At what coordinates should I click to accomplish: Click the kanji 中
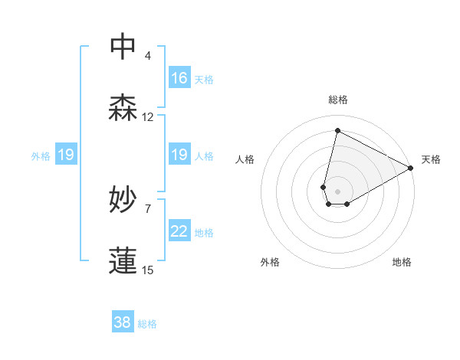coord(123,47)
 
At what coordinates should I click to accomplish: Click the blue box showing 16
coord(179,77)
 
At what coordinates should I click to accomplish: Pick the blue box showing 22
coord(179,231)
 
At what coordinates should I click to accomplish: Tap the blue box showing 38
coord(123,322)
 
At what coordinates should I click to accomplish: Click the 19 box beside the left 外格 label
coord(66,155)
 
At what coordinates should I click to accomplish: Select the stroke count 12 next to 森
coord(148,117)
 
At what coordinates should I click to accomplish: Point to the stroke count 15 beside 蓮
coord(148,270)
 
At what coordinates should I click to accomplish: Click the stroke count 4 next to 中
coord(148,56)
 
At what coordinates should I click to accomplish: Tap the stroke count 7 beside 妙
coord(148,208)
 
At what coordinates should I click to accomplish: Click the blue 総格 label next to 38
coord(147,324)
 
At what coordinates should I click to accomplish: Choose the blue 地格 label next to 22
coord(204,232)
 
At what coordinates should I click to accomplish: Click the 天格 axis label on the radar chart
coord(431,159)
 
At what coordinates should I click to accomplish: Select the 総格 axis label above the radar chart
coord(338,100)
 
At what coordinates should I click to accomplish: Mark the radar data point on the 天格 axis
coord(411,168)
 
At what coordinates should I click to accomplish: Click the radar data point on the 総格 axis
coord(337,131)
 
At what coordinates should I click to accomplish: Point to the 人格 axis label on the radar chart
coord(245,159)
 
